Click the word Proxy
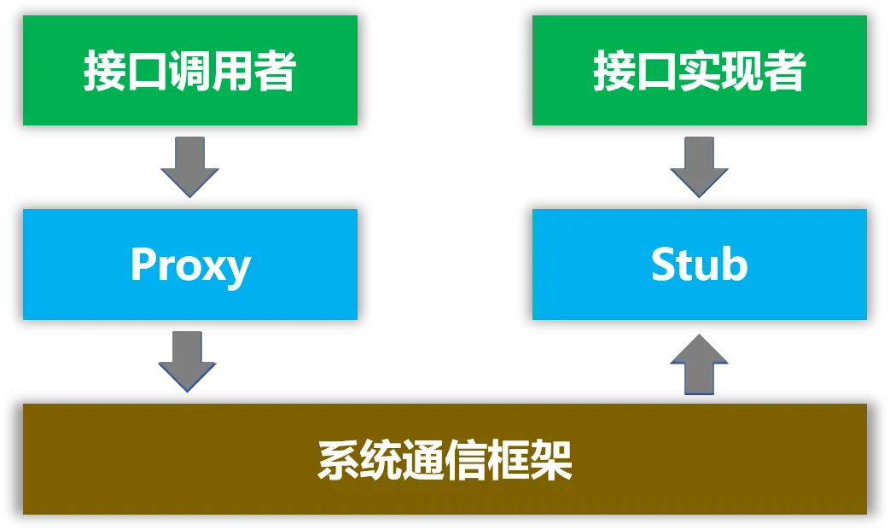pos(189,265)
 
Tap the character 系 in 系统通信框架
pos(338,460)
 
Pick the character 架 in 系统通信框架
pos(551,460)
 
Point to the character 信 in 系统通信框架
pos(466,460)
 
